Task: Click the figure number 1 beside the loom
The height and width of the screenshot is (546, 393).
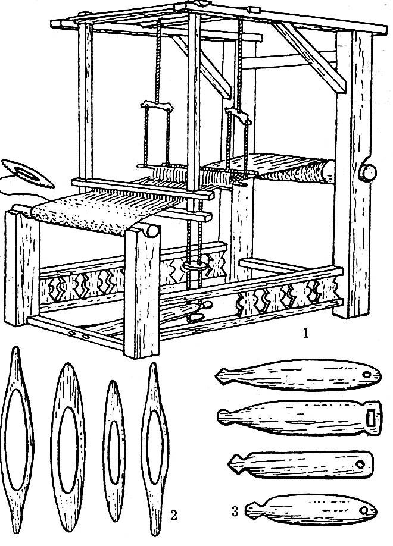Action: pyautogui.click(x=305, y=334)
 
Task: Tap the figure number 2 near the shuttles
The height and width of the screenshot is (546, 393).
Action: pyautogui.click(x=174, y=514)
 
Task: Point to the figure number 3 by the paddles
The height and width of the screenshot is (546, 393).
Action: pyautogui.click(x=235, y=512)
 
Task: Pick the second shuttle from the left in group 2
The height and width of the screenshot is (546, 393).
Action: pyautogui.click(x=68, y=446)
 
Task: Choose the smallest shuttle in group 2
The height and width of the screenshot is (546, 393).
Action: pyautogui.click(x=114, y=451)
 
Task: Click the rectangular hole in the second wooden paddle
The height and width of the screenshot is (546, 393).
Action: pyautogui.click(x=371, y=417)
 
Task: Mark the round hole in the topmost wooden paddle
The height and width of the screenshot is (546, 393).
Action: pyautogui.click(x=367, y=375)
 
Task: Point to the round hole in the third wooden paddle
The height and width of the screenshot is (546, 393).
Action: pyautogui.click(x=360, y=464)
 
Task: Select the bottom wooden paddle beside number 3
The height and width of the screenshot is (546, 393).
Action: pyautogui.click(x=311, y=510)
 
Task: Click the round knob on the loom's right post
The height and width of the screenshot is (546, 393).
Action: pyautogui.click(x=369, y=172)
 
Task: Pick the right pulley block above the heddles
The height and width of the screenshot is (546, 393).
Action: pyautogui.click(x=239, y=115)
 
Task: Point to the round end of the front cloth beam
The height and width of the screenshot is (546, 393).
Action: pyautogui.click(x=152, y=231)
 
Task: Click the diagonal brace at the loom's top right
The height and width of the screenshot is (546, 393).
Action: pyautogui.click(x=308, y=55)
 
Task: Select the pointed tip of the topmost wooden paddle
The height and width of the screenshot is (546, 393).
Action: pyautogui.click(x=216, y=375)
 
